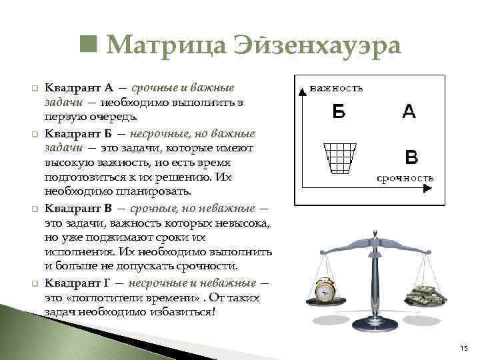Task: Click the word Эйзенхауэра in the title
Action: (317, 47)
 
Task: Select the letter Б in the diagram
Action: (339, 112)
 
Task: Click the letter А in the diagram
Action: (409, 111)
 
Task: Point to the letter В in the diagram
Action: (412, 157)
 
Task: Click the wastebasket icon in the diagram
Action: (340, 159)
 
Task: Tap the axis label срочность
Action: (405, 178)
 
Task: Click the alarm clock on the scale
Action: (326, 291)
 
